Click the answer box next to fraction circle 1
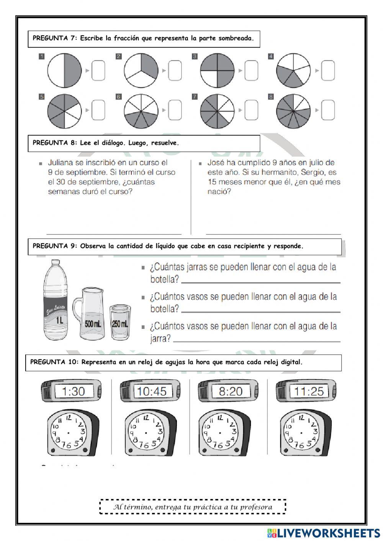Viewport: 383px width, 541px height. tap(98, 71)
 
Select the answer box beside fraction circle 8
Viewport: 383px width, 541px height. tap(328, 110)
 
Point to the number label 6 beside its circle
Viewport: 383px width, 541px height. tap(119, 97)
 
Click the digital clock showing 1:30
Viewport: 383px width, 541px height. tap(72, 391)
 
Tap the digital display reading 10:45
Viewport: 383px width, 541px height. tap(152, 391)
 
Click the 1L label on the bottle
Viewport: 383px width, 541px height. tap(59, 320)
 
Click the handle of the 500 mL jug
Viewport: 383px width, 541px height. tap(77, 308)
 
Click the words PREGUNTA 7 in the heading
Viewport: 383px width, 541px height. tap(54, 38)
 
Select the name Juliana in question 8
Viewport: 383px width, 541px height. tap(61, 162)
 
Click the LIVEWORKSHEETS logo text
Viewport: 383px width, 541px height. tap(328, 533)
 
